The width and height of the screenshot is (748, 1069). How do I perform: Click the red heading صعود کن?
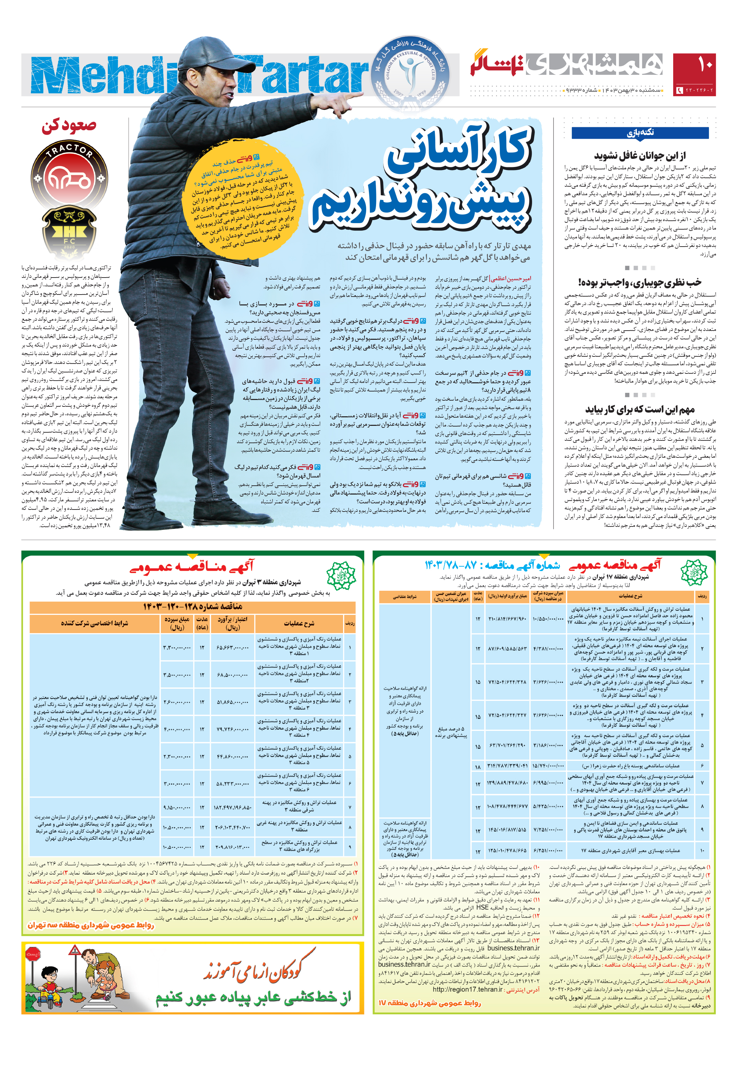(x=69, y=126)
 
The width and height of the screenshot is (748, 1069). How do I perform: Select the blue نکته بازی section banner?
(x=640, y=133)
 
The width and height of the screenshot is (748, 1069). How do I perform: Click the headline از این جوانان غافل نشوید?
(x=640, y=155)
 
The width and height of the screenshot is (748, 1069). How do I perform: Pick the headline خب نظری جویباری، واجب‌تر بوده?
(x=640, y=282)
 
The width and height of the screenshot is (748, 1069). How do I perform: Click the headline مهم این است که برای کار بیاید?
(x=640, y=410)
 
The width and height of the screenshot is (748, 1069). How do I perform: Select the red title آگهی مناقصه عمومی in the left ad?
(x=192, y=566)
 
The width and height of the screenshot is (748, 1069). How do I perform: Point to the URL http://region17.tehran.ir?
(x=467, y=1002)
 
